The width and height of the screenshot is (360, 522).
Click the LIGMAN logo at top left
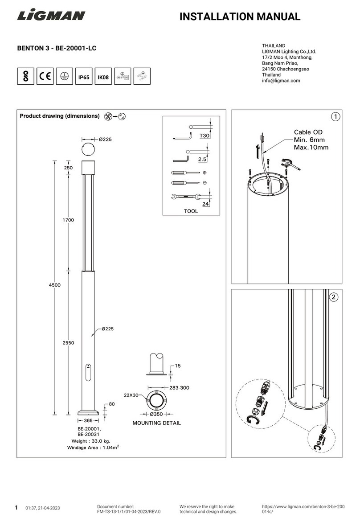point(51,16)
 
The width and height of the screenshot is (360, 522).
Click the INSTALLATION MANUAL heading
point(239,17)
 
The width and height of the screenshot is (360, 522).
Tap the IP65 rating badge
point(84,77)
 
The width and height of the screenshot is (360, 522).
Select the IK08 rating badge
point(103,77)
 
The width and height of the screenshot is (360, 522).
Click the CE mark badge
point(45,76)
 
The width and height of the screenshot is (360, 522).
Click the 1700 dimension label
point(68,220)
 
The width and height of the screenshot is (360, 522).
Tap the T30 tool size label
point(204,135)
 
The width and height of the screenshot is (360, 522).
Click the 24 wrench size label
point(206,204)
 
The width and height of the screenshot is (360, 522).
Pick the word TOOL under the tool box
point(191,211)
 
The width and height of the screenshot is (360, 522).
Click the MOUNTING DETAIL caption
point(156,423)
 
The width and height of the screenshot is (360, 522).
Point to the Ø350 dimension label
point(156,414)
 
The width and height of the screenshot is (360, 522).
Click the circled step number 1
point(335,117)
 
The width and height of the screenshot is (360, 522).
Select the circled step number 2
point(335,297)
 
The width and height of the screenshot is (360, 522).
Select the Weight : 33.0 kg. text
point(88,441)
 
